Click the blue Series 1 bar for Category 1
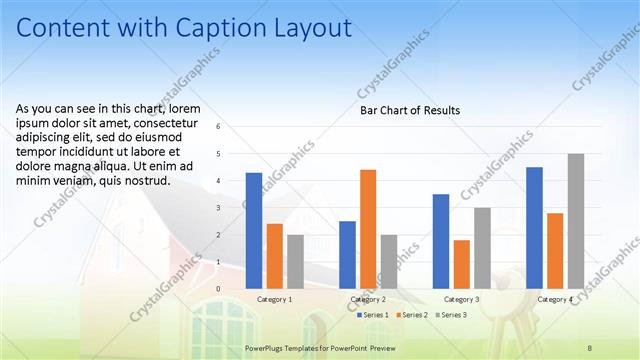click(254, 231)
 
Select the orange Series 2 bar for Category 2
click(368, 229)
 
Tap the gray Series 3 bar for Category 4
click(575, 221)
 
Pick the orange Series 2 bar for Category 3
click(461, 264)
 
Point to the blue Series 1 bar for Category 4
click(534, 228)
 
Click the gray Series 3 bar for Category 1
click(295, 262)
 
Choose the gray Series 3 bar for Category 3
click(482, 248)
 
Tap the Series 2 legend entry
click(413, 315)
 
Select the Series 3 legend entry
click(451, 315)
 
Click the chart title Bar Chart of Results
click(410, 110)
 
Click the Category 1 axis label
click(275, 299)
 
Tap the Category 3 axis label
click(462, 299)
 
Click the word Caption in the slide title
click(226, 28)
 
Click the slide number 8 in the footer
click(590, 346)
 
